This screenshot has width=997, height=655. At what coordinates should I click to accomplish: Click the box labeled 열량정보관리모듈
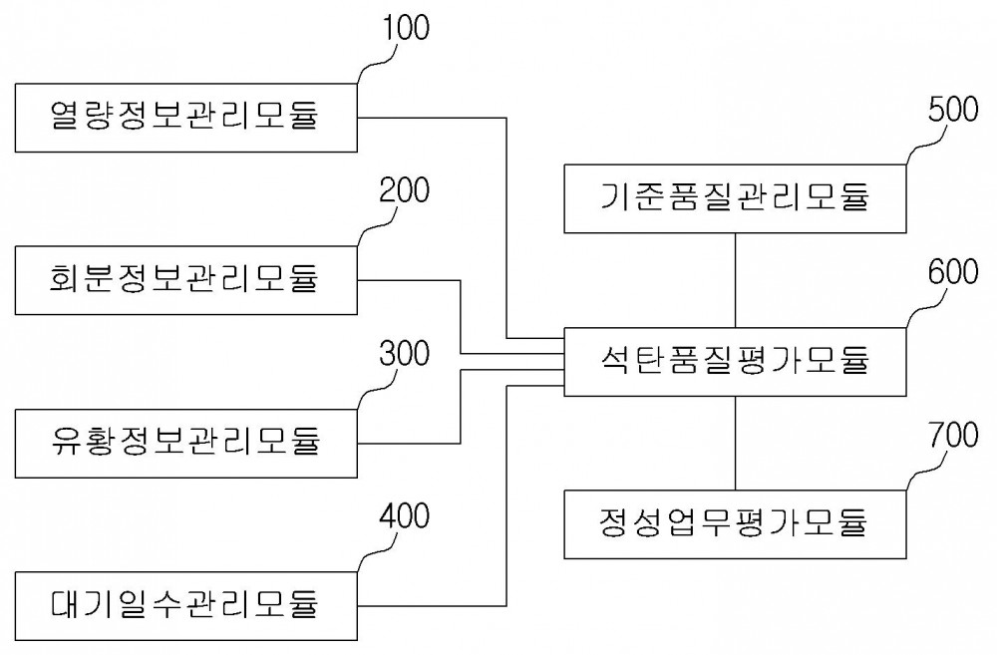click(185, 118)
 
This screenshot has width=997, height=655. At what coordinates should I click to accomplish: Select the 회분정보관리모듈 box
click(185, 280)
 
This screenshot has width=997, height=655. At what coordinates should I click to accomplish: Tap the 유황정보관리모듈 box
click(185, 444)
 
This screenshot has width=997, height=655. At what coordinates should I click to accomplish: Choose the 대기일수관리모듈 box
click(185, 606)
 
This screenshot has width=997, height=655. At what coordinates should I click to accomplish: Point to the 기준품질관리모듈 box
click(735, 199)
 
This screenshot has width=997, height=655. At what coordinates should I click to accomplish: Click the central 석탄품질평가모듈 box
click(735, 362)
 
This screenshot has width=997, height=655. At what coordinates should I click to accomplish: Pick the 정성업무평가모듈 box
click(735, 524)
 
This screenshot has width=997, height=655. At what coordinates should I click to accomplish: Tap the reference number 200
click(405, 190)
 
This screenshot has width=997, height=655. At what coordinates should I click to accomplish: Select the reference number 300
click(405, 353)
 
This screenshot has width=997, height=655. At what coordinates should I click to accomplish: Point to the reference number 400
click(405, 515)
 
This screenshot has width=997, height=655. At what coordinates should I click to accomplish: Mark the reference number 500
click(953, 109)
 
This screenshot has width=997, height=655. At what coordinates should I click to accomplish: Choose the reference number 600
click(953, 271)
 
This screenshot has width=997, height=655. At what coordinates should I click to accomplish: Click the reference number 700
click(953, 435)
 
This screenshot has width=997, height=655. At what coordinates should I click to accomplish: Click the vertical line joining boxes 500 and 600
click(736, 280)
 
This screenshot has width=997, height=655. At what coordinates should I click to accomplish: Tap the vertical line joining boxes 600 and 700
click(736, 444)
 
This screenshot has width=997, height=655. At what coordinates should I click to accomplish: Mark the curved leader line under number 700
click(924, 471)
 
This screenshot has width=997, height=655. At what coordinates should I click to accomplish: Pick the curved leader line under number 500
click(924, 145)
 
